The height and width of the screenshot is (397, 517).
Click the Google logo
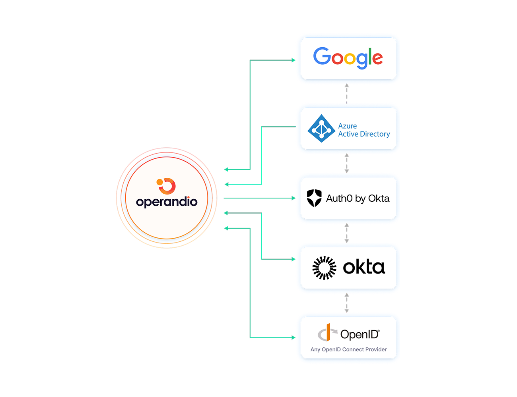pos(348,58)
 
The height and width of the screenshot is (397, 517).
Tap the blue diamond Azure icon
pos(321,129)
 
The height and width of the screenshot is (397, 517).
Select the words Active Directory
pos(364,134)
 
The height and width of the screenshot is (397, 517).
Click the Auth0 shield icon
pos(314,198)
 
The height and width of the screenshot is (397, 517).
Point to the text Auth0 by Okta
pos(358,198)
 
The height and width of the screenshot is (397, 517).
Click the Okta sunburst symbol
pos(324,268)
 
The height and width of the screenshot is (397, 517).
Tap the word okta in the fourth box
pos(364,268)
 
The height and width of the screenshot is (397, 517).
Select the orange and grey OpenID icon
pos(327,333)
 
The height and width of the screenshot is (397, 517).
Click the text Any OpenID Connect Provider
pos(348,349)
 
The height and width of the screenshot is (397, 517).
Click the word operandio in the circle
pos(167,202)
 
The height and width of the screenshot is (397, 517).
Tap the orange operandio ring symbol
pos(166,186)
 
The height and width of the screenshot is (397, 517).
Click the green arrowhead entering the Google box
pos(294,60)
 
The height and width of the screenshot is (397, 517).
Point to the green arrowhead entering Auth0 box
pos(294,198)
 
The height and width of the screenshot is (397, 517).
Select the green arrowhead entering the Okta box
pos(294,259)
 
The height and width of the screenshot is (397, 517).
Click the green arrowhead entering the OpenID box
pos(294,337)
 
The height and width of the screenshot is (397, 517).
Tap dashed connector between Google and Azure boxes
pos(347,94)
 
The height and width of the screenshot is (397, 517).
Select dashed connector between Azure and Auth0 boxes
pos(347,163)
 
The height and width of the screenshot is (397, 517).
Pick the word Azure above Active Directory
pos(347,126)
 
